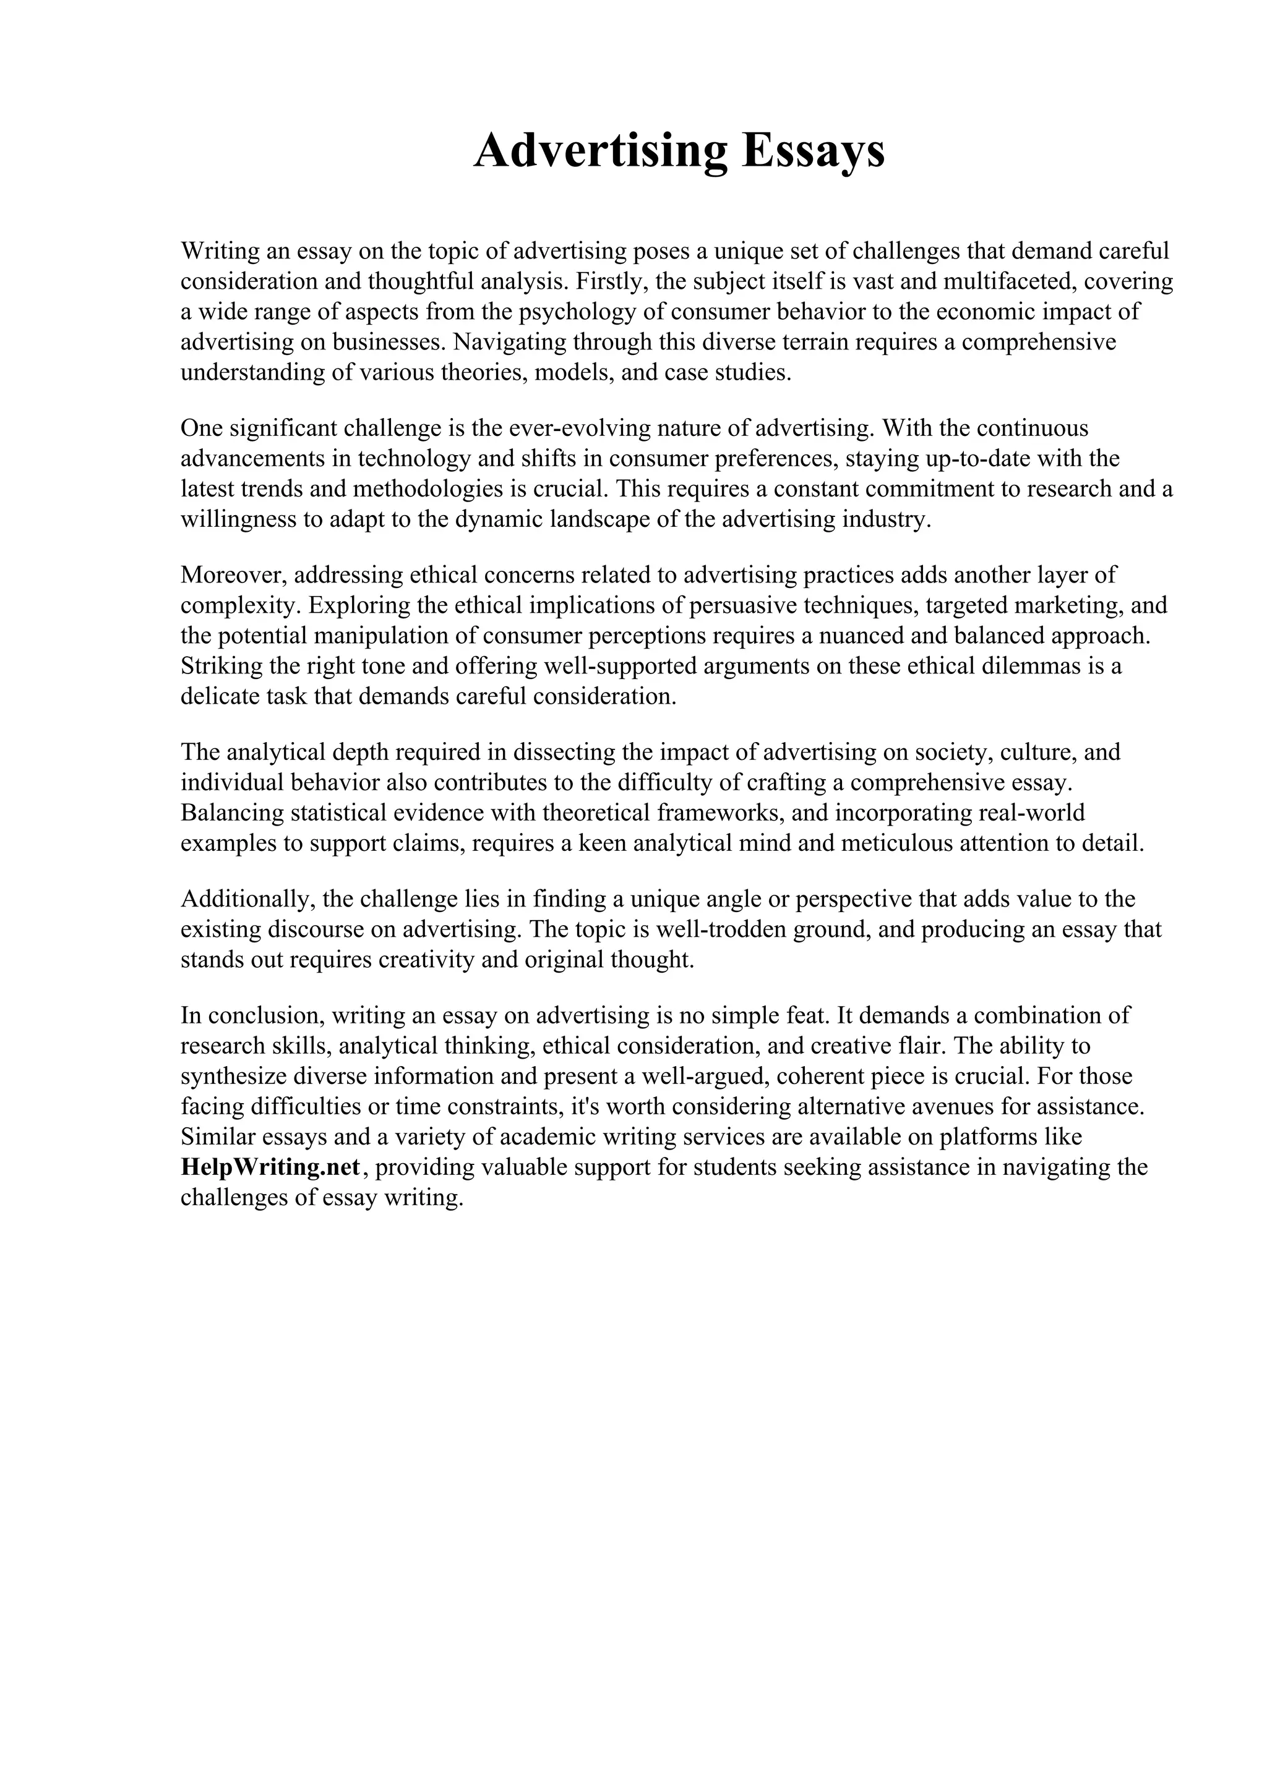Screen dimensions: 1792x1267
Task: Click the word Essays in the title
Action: point(814,151)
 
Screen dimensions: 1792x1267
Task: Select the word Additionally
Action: point(247,899)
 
